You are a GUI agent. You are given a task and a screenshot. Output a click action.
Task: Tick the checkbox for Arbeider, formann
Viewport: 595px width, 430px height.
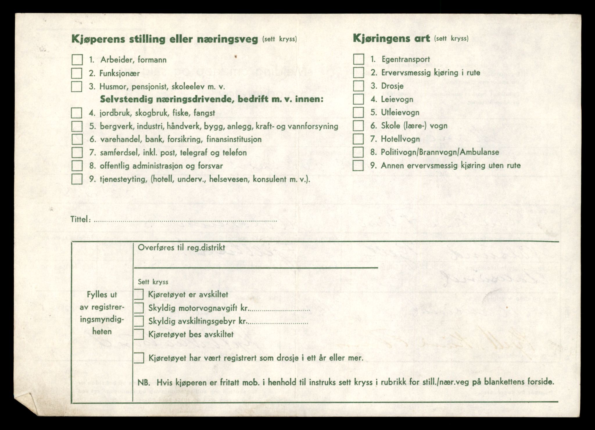point(77,60)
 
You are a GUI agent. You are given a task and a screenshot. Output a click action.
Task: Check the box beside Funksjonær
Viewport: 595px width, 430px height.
point(77,73)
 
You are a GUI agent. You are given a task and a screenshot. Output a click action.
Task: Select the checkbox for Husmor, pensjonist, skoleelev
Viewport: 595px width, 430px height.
point(77,87)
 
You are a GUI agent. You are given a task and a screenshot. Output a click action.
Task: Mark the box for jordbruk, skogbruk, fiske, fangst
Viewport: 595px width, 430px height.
point(77,113)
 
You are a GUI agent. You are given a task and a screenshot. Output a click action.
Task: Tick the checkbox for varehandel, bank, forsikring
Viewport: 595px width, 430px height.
point(77,139)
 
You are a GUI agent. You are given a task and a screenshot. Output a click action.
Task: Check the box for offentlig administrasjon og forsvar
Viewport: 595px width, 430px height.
point(77,166)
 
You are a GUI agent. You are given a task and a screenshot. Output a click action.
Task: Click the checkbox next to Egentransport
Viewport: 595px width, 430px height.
point(359,59)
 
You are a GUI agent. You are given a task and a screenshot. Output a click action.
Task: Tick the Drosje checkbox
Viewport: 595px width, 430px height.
point(359,86)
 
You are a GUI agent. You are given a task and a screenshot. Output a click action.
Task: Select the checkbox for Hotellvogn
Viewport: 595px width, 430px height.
point(358,139)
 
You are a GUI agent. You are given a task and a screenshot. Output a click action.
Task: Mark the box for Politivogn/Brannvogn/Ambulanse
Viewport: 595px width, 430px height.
point(358,152)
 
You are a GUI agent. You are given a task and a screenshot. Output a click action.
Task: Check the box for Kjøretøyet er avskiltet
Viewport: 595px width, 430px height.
point(139,294)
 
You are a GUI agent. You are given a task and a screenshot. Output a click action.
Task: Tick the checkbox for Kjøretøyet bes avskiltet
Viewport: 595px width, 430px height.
point(139,334)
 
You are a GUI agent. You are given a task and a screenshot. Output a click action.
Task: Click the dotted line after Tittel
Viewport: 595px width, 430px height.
point(186,221)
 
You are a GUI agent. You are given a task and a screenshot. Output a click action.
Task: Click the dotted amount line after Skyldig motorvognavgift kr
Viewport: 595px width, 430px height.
point(280,310)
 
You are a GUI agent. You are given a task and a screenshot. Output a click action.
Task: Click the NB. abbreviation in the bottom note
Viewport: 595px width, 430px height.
point(144,382)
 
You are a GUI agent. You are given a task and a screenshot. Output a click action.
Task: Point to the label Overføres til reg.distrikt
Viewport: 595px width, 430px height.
point(181,248)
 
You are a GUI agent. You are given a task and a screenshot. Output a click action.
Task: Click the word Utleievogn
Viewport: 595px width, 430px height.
point(400,112)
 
